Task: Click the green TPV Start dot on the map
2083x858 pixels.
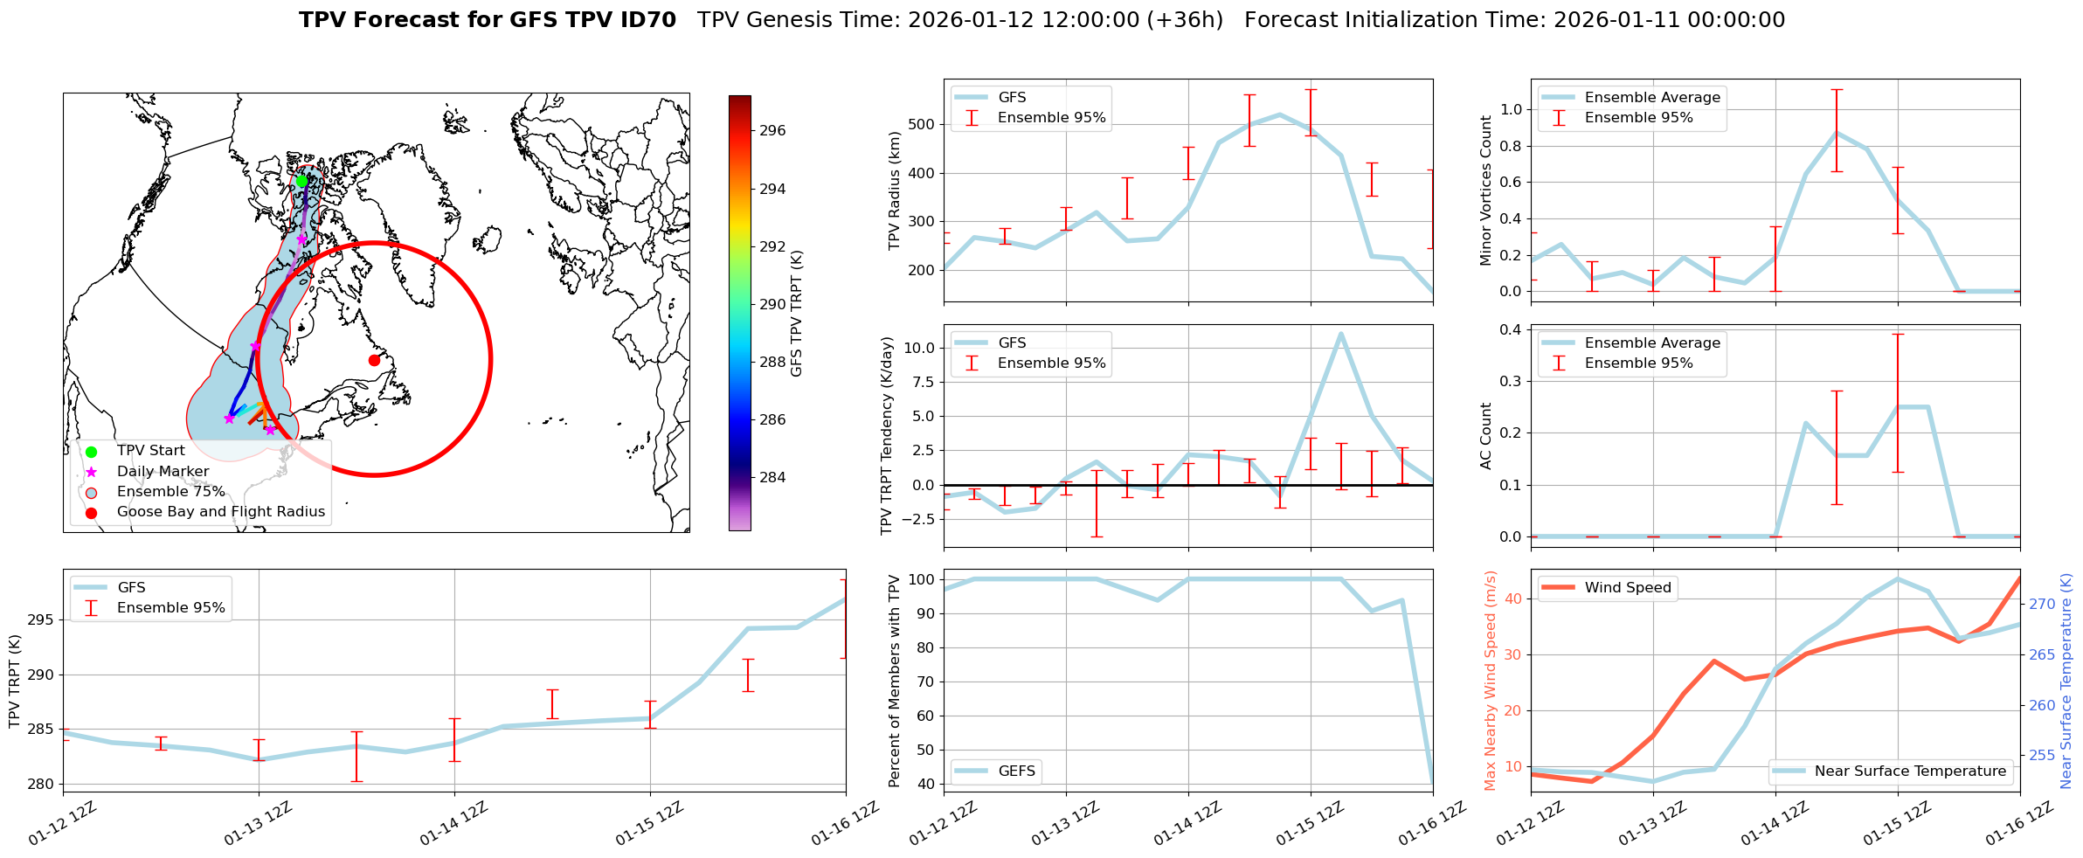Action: pyautogui.click(x=301, y=181)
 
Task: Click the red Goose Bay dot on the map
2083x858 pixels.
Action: pyautogui.click(x=374, y=360)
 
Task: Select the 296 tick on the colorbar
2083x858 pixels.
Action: pyautogui.click(x=772, y=131)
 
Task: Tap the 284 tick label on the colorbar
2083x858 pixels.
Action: pyautogui.click(x=772, y=477)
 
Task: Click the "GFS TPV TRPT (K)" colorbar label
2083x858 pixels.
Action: pyautogui.click(x=797, y=314)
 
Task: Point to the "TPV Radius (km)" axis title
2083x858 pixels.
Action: pyautogui.click(x=894, y=190)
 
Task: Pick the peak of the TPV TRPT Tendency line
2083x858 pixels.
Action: pyautogui.click(x=1340, y=333)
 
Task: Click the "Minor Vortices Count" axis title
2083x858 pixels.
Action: pyautogui.click(x=1486, y=190)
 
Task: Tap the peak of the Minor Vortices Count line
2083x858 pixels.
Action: pyautogui.click(x=1837, y=133)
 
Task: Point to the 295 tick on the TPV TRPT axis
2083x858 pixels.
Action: pyautogui.click(x=41, y=620)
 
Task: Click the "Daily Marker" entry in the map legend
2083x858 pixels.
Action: pyautogui.click(x=163, y=472)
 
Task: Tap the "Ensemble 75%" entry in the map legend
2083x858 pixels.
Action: pyautogui.click(x=170, y=492)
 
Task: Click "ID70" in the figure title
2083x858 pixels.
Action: pyautogui.click(x=648, y=20)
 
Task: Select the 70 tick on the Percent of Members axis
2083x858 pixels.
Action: pyautogui.click(x=925, y=682)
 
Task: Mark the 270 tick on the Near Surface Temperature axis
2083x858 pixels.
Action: pyautogui.click(x=2042, y=604)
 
